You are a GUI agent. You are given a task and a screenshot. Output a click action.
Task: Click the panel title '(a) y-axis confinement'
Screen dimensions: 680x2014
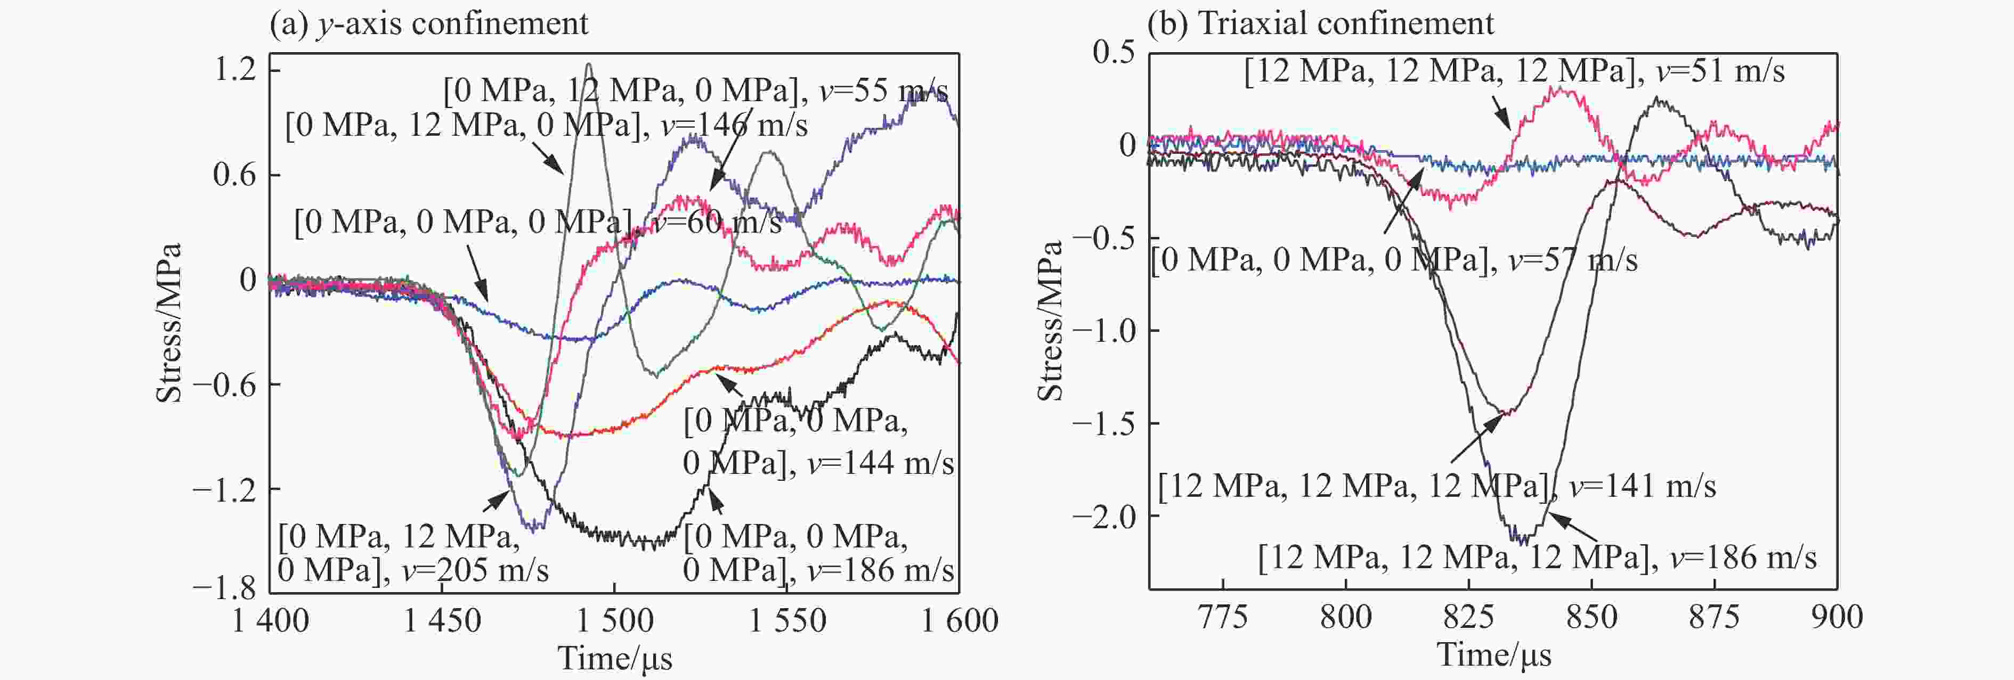click(x=428, y=23)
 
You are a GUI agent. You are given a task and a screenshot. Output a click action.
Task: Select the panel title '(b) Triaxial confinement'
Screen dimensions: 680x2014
click(x=1320, y=23)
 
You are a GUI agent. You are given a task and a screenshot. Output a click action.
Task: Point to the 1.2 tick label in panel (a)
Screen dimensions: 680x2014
click(x=235, y=70)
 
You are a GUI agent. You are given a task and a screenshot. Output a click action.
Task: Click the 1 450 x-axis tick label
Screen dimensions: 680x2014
click(x=442, y=621)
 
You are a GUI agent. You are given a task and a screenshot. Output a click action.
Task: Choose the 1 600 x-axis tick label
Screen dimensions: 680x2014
click(x=959, y=621)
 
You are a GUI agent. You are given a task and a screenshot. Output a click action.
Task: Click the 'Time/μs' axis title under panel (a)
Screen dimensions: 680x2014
click(x=614, y=658)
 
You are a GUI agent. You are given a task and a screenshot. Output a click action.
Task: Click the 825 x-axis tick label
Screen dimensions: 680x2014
click(x=1468, y=618)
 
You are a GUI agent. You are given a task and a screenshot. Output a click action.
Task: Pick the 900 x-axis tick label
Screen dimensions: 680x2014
click(x=1837, y=618)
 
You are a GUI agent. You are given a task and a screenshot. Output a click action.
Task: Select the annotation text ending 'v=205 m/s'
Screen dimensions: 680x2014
click(x=413, y=553)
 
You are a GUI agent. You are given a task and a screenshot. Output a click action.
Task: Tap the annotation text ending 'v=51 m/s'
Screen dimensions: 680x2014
click(x=1514, y=71)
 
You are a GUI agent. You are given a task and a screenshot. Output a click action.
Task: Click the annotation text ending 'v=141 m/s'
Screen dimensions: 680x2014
click(x=1436, y=486)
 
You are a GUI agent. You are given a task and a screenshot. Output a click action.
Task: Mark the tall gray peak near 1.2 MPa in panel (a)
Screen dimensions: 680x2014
click(x=589, y=65)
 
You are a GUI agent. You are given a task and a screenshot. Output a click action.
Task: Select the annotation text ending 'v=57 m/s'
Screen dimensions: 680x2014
click(x=1393, y=259)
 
